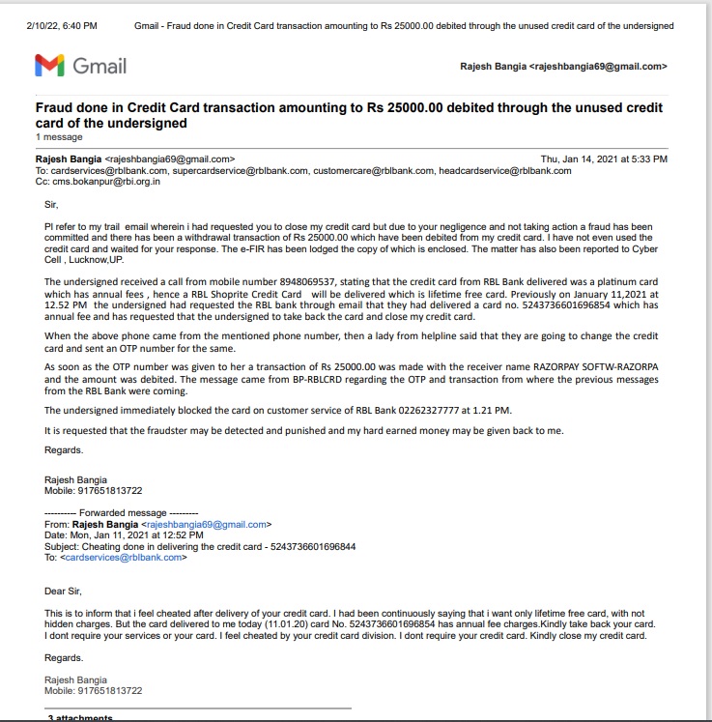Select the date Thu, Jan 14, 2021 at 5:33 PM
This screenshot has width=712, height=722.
click(604, 159)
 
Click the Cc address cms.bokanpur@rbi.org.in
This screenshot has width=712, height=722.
click(106, 181)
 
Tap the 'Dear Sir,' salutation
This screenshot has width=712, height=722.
click(64, 591)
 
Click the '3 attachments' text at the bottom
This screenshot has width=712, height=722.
click(81, 717)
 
